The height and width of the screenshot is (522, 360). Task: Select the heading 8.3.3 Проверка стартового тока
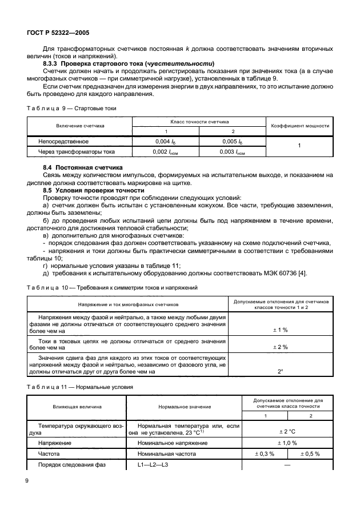129,63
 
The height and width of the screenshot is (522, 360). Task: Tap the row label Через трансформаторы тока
77,152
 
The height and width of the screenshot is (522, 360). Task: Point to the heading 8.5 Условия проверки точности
94,190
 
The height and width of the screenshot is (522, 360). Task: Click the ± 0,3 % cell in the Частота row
264,454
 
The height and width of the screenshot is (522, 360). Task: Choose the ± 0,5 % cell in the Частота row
310,454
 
